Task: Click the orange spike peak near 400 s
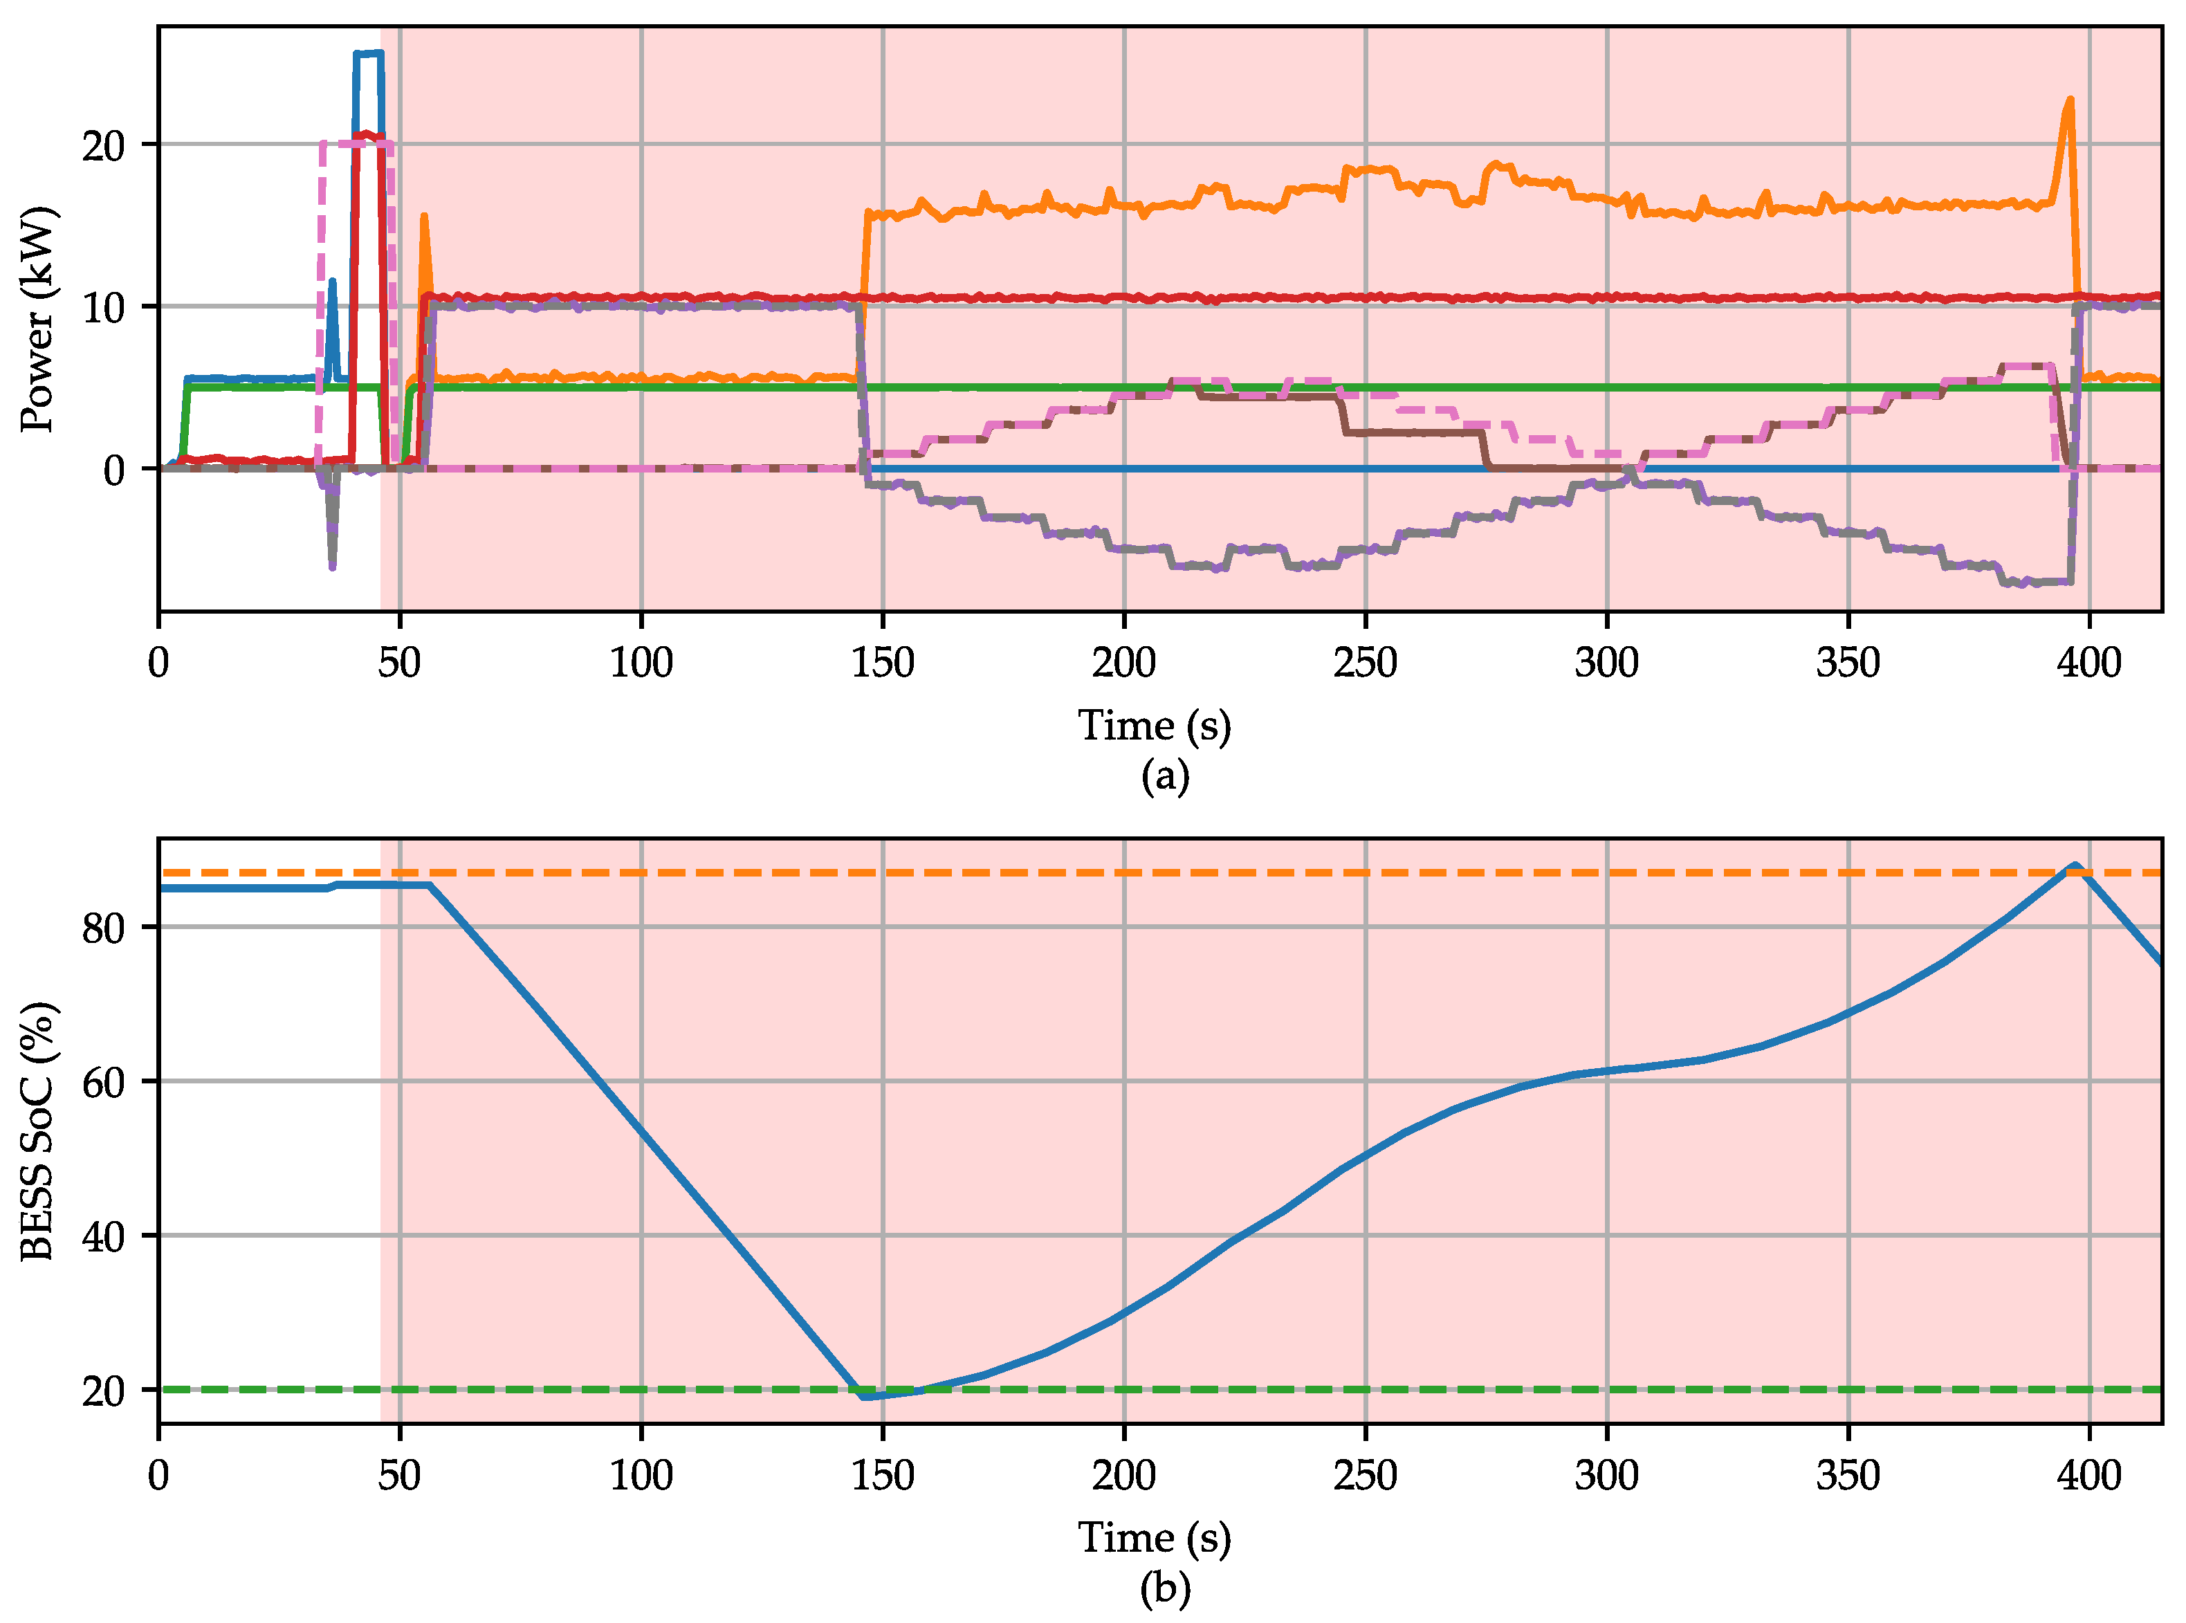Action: point(2070,99)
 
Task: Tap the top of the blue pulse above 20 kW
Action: point(369,53)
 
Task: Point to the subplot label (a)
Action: point(1165,776)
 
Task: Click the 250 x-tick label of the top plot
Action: point(1365,663)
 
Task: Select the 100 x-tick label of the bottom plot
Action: point(641,1476)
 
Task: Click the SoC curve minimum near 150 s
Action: point(865,1396)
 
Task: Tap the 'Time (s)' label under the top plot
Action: point(1155,726)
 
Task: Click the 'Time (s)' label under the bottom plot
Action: point(1155,1537)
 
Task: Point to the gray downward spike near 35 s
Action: point(332,566)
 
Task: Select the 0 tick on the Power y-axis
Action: point(115,470)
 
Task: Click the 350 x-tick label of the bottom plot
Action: point(1848,1476)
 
